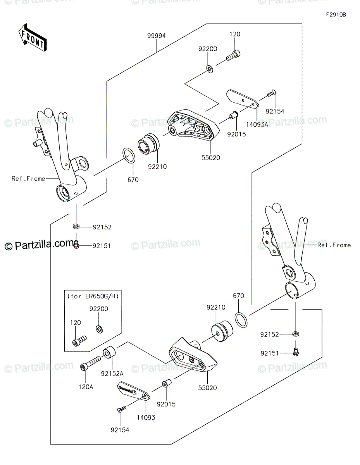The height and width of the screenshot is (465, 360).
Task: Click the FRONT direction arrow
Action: [x=33, y=37]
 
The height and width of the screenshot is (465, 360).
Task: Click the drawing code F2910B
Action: [x=336, y=15]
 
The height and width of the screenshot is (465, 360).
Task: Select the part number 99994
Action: [x=157, y=36]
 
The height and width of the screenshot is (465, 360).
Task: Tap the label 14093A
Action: [x=257, y=124]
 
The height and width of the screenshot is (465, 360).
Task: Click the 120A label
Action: [x=86, y=387]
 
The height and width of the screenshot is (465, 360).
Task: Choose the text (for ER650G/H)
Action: [x=93, y=296]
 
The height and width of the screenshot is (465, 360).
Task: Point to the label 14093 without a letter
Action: [x=146, y=417]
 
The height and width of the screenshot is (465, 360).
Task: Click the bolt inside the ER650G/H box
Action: [x=79, y=341]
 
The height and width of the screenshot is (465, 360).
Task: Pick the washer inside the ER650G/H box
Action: [x=99, y=329]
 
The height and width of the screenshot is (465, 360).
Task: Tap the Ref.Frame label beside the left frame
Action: [x=28, y=179]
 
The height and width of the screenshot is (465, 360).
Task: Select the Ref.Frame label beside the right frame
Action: [x=334, y=245]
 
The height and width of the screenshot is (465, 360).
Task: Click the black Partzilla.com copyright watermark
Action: [x=39, y=245]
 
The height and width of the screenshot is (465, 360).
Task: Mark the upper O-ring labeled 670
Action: [x=129, y=155]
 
